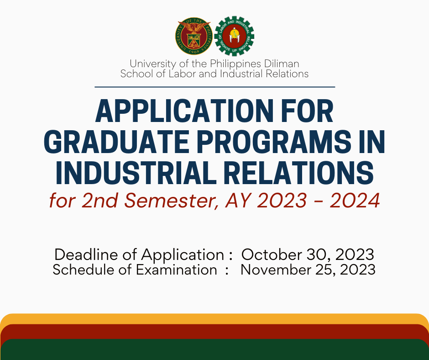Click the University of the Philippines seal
coord(194,36)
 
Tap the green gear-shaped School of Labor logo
coord(234,36)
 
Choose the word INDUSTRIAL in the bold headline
coord(136,173)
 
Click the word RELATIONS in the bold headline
coord(299,173)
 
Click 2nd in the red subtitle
coord(99,201)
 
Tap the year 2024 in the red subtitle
coord(355,201)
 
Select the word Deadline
coord(86,254)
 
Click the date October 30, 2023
coord(308,254)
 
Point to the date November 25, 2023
coord(308,270)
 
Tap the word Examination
coord(177,270)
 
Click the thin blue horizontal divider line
coord(215,87)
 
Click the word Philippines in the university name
coord(235,64)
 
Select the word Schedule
coord(84,270)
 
